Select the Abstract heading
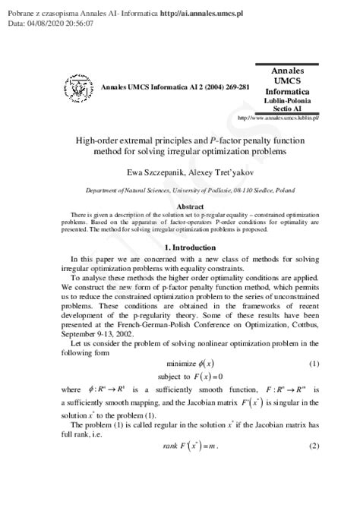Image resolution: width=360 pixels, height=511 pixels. point(189,206)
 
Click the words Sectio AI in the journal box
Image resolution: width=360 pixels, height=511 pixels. point(293,109)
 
